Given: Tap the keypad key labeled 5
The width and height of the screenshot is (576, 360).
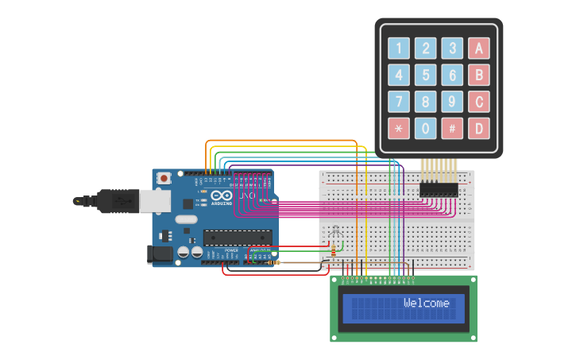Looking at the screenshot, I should (426, 75).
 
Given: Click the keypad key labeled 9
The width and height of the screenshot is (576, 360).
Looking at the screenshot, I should (452, 102).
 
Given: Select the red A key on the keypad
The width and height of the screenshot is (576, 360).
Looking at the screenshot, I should (478, 48).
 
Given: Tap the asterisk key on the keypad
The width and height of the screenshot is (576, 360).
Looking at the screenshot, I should (399, 128).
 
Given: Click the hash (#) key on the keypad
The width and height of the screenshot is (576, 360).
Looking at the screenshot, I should (452, 128).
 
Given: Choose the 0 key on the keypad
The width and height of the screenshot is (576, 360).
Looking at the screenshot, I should (426, 128).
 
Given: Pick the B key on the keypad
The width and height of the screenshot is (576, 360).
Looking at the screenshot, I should (478, 75).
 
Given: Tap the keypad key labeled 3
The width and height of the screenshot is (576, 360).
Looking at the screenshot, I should (452, 48).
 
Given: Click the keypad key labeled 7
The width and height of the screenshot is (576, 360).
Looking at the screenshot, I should (399, 102).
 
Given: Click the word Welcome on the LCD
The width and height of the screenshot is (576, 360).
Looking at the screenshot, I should (426, 303).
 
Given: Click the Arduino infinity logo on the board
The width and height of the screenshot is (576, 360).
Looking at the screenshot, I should (222, 196).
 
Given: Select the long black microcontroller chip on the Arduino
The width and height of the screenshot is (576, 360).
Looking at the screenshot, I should (238, 236).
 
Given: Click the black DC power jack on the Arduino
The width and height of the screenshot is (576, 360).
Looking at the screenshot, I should (160, 254).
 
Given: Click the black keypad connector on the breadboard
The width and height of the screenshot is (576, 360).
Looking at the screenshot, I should (439, 189).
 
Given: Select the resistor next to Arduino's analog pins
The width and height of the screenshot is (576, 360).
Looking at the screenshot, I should (275, 261).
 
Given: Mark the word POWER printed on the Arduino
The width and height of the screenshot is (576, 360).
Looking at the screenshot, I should (231, 250).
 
